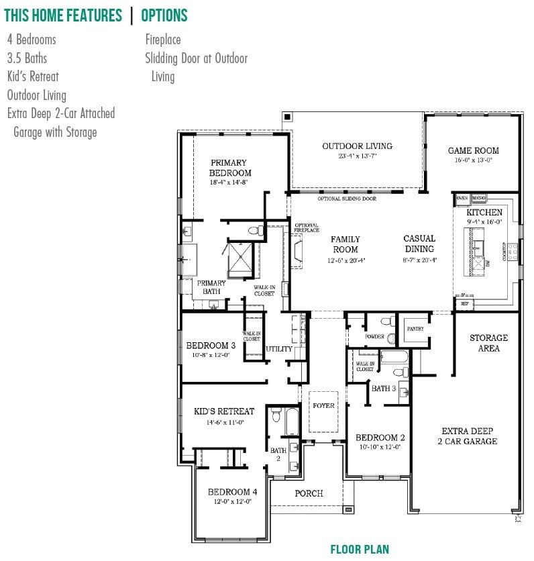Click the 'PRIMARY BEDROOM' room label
[229, 168]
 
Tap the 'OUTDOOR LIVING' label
[357, 146]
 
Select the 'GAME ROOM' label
[474, 151]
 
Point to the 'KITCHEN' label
[484, 213]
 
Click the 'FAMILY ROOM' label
[345, 244]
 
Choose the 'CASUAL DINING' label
[419, 244]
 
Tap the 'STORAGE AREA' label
[488, 343]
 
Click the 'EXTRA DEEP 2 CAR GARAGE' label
[469, 436]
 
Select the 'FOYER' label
[324, 406]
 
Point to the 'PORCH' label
[309, 493]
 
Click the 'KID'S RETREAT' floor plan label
[224, 411]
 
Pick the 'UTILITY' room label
[279, 349]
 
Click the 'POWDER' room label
[374, 336]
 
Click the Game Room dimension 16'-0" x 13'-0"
[474, 161]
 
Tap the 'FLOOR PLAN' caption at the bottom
[360, 550]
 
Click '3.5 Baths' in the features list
[27, 58]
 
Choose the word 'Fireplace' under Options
[163, 40]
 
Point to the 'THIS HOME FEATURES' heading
[63, 15]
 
